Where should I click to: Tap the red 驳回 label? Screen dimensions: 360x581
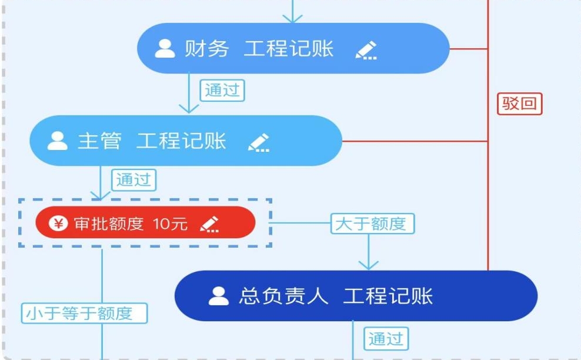tap(519, 104)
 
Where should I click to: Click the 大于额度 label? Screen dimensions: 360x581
tap(372, 224)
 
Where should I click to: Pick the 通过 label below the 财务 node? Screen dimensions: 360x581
tap(222, 90)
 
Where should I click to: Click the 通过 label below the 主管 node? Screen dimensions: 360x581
tap(134, 179)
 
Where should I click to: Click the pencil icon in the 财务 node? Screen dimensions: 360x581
tap(366, 50)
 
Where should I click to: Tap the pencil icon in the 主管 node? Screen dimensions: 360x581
tap(259, 142)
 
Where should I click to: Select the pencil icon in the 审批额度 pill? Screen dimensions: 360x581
tap(209, 224)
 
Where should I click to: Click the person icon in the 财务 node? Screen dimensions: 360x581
tap(165, 49)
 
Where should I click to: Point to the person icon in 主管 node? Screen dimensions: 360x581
tap(58, 141)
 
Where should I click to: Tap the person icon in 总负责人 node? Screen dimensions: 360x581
tap(219, 296)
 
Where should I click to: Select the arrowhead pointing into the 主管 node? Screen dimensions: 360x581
tap(188, 108)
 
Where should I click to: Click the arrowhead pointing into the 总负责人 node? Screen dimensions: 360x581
tap(369, 265)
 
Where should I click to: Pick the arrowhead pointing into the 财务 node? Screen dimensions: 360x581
tap(292, 18)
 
